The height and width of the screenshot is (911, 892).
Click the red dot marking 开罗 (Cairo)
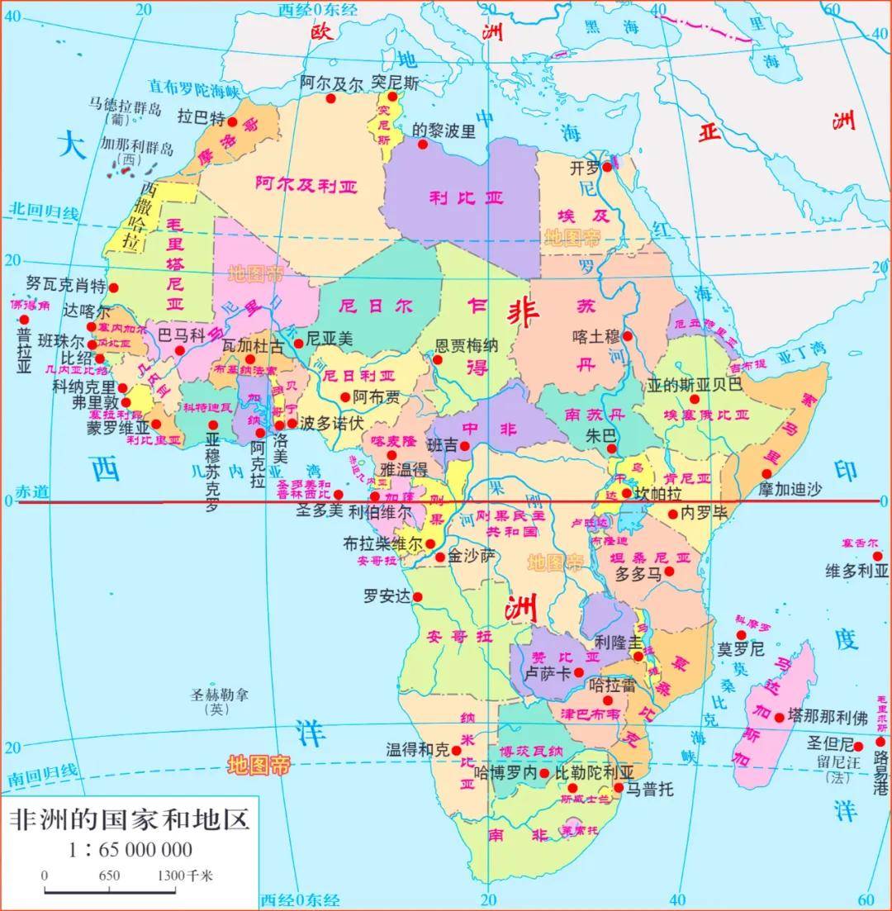coord(606,167)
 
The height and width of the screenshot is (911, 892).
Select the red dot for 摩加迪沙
coord(766,473)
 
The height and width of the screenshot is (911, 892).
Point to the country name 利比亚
coord(466,197)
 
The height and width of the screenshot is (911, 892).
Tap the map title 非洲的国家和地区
coord(129,820)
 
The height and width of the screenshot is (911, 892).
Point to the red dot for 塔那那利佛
coord(779,718)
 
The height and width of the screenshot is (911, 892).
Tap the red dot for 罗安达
coord(417,596)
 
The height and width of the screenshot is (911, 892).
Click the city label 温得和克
coord(418,750)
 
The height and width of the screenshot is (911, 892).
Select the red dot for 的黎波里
coord(423,144)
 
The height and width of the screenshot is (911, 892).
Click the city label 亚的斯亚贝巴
coord(695,384)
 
